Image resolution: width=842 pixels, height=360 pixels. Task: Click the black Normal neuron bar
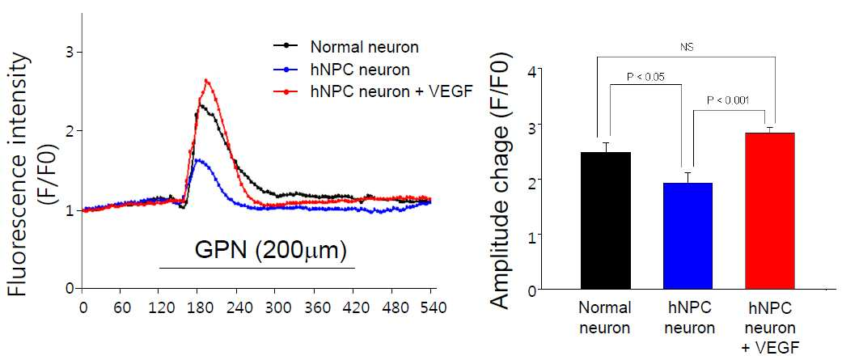pos(606,221)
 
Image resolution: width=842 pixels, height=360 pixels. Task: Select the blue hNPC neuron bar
pos(688,236)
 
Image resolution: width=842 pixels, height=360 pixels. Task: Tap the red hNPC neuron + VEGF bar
pos(769,211)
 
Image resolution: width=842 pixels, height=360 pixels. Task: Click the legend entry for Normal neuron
pos(344,47)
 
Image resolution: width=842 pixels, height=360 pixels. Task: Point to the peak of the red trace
pos(206,80)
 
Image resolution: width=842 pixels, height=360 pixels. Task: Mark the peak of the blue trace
pos(199,159)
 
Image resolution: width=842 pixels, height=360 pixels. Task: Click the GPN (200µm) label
pos(269,251)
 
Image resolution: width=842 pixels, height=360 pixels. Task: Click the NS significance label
pos(686,48)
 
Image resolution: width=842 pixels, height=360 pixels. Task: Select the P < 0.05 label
pos(646,76)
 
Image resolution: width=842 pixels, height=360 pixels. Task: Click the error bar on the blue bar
pos(688,178)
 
